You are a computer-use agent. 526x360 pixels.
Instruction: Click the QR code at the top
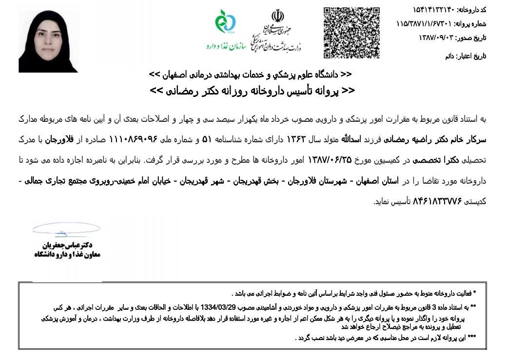[351, 33]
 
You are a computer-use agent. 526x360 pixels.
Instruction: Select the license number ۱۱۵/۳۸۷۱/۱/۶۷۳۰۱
[424, 23]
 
